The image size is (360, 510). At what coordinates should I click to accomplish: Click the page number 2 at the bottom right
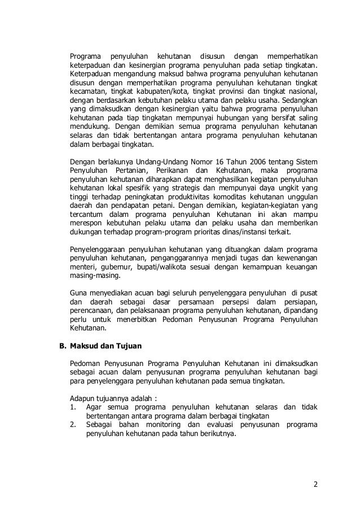[315, 485]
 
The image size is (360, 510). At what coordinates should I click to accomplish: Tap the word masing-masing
[95, 276]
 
